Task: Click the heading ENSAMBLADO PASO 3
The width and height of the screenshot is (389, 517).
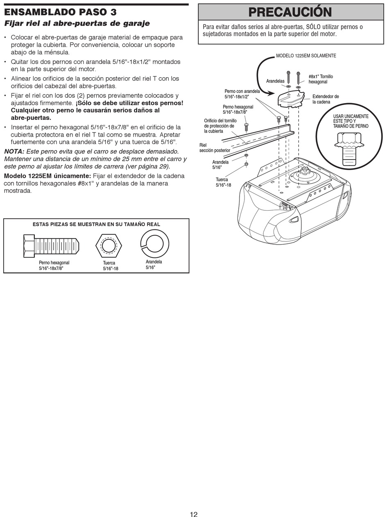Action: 60,12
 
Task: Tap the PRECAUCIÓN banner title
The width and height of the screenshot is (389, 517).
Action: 290,12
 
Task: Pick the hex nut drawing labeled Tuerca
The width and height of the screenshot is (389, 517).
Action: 109,246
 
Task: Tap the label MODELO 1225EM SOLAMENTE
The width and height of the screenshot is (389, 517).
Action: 306,56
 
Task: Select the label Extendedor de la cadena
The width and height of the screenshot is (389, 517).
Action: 326,99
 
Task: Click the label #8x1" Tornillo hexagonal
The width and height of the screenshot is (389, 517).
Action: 321,79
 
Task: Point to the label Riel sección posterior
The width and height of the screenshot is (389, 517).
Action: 214,148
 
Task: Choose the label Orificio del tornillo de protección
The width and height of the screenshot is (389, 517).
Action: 220,126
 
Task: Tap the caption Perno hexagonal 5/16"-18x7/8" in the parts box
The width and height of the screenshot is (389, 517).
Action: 54,265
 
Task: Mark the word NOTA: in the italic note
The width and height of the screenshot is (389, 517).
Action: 14,151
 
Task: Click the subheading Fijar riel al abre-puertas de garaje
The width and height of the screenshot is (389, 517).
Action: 77,23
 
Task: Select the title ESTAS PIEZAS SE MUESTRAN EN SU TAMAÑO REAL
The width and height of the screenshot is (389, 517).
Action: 96,224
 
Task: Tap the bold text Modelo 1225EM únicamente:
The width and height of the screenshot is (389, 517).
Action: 47,176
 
